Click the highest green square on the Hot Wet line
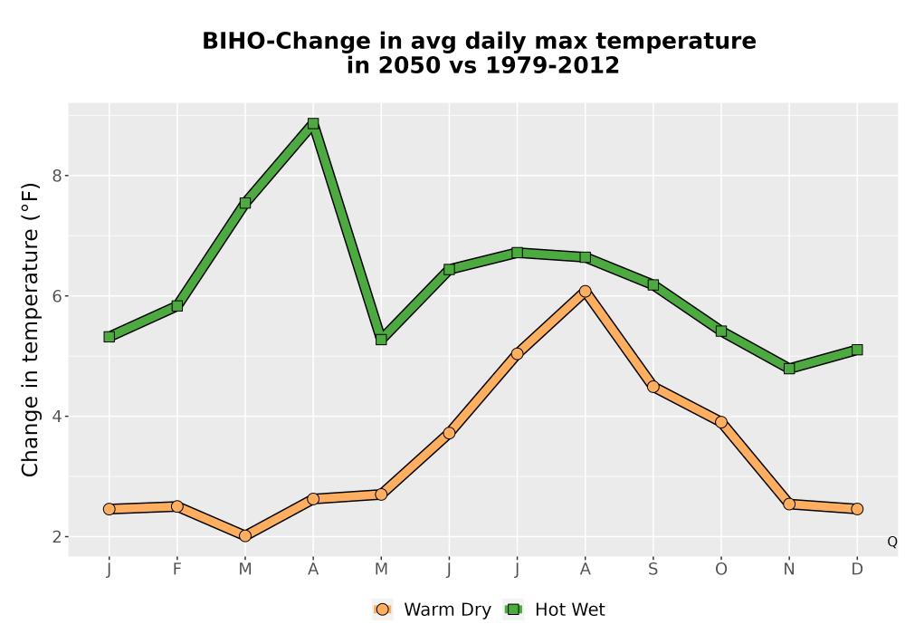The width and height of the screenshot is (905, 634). pos(313,123)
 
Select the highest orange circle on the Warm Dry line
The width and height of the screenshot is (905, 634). pos(586,291)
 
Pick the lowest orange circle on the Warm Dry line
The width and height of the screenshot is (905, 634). pos(245,536)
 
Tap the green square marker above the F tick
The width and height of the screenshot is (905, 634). pos(177,306)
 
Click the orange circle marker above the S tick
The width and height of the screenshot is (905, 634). pos(653,387)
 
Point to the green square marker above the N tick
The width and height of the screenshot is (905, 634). pos(789,369)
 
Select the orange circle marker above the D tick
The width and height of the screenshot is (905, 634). pos(857,509)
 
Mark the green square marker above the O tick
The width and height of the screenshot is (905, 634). pos(721,331)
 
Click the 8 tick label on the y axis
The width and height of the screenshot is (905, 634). pos(56,176)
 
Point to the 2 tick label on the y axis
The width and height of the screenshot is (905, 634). pos(56,537)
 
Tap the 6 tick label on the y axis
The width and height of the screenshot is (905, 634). pos(56,296)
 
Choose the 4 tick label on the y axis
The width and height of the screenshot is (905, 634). pos(56,417)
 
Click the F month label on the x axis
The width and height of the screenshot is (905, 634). pos(177,570)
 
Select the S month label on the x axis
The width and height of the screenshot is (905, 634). pos(653,570)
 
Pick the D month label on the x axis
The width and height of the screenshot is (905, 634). pos(857,570)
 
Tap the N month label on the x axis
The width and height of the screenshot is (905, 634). pos(789,570)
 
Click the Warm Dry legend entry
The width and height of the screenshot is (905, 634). pos(432,610)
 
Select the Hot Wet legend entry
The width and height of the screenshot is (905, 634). pos(554,610)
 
